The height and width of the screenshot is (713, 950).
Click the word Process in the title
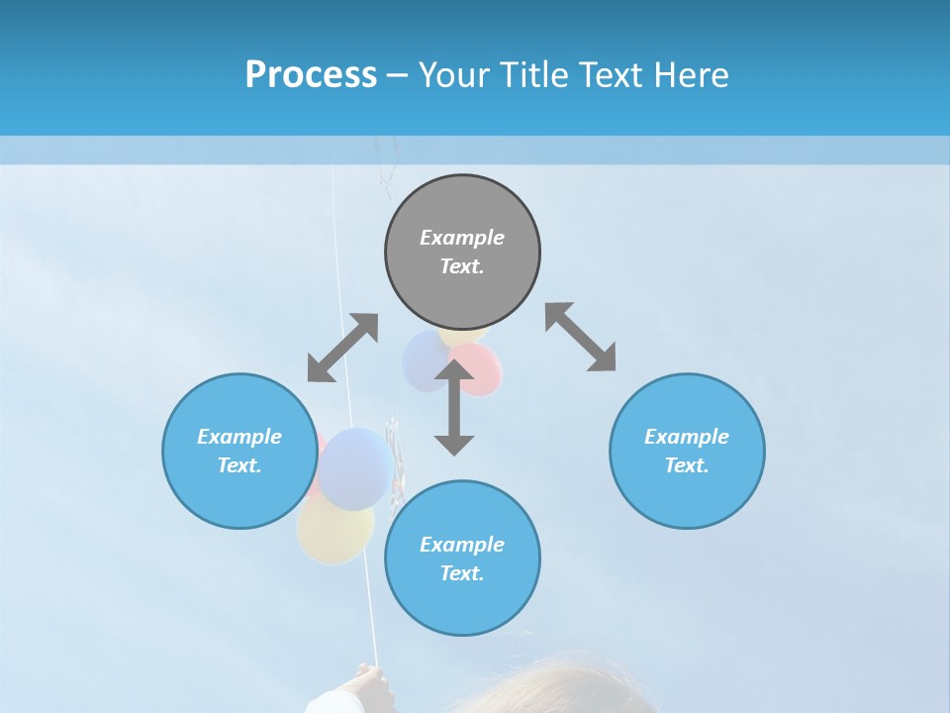311,74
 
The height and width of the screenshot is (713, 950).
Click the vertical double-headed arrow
454,407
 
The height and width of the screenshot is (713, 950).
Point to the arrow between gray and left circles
342,348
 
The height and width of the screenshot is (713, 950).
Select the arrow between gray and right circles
580,337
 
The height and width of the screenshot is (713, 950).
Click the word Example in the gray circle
462,238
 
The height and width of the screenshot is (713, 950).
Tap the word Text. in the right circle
687,465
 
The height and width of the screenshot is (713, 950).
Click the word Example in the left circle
239,437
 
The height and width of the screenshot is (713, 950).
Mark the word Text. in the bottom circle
462,573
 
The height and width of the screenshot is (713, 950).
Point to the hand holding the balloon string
363,686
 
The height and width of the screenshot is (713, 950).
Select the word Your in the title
451,74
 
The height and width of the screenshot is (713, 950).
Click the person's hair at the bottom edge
554,688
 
